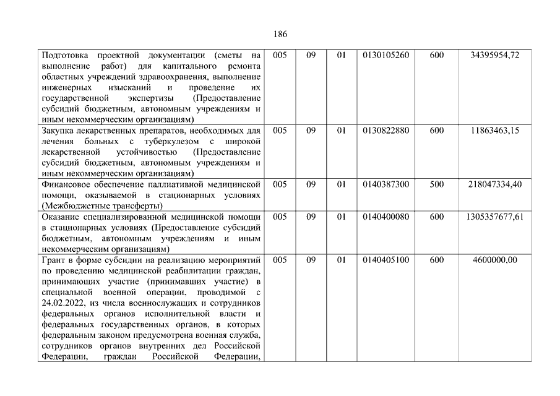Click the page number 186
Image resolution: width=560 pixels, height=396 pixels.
click(x=280, y=34)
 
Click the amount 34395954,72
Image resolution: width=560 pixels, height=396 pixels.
click(x=494, y=56)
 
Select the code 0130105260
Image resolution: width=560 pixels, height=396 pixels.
click(x=386, y=56)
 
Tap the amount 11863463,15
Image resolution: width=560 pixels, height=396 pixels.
click(x=494, y=131)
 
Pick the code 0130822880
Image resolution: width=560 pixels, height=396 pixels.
click(x=386, y=131)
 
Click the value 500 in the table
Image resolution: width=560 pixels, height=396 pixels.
click(x=436, y=184)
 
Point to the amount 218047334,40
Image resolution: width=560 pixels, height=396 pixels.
click(x=494, y=184)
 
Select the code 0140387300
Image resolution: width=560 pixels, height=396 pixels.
click(x=386, y=184)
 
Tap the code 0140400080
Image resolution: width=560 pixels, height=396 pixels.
click(x=386, y=217)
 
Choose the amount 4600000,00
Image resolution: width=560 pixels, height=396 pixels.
click(x=494, y=260)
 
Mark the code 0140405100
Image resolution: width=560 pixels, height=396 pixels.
click(x=386, y=260)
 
